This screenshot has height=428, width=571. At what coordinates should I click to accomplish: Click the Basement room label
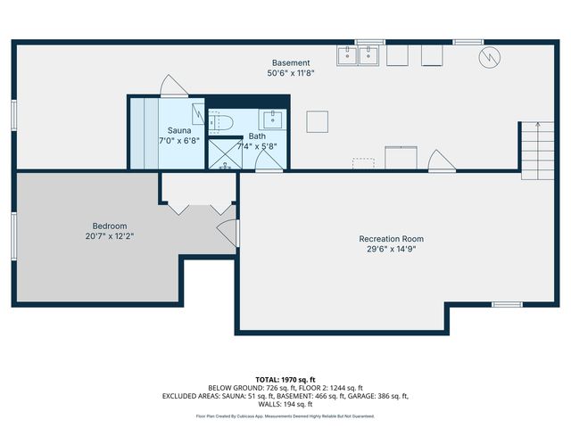pyautogui.click(x=291, y=63)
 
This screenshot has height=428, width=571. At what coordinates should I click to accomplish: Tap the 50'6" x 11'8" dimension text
pyautogui.click(x=291, y=73)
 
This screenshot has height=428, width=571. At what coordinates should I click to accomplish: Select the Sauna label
pyautogui.click(x=179, y=130)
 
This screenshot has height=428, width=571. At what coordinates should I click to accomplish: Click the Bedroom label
pyautogui.click(x=110, y=226)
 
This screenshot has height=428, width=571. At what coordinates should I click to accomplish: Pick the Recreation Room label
pyautogui.click(x=391, y=239)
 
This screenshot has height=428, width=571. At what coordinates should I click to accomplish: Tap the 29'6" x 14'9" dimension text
pyautogui.click(x=391, y=250)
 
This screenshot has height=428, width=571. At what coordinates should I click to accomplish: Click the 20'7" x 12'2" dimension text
pyautogui.click(x=110, y=237)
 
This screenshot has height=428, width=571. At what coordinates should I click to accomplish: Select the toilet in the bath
pyautogui.click(x=221, y=121)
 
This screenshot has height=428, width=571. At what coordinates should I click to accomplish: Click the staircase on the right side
pyautogui.click(x=531, y=149)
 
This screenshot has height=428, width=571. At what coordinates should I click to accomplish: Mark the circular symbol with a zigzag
pyautogui.click(x=488, y=58)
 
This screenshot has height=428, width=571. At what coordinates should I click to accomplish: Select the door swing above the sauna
pyautogui.click(x=170, y=86)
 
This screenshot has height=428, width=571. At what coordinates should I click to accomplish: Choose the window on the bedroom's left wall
pyautogui.click(x=13, y=235)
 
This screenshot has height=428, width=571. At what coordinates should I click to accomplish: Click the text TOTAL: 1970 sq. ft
pyautogui.click(x=285, y=379)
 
